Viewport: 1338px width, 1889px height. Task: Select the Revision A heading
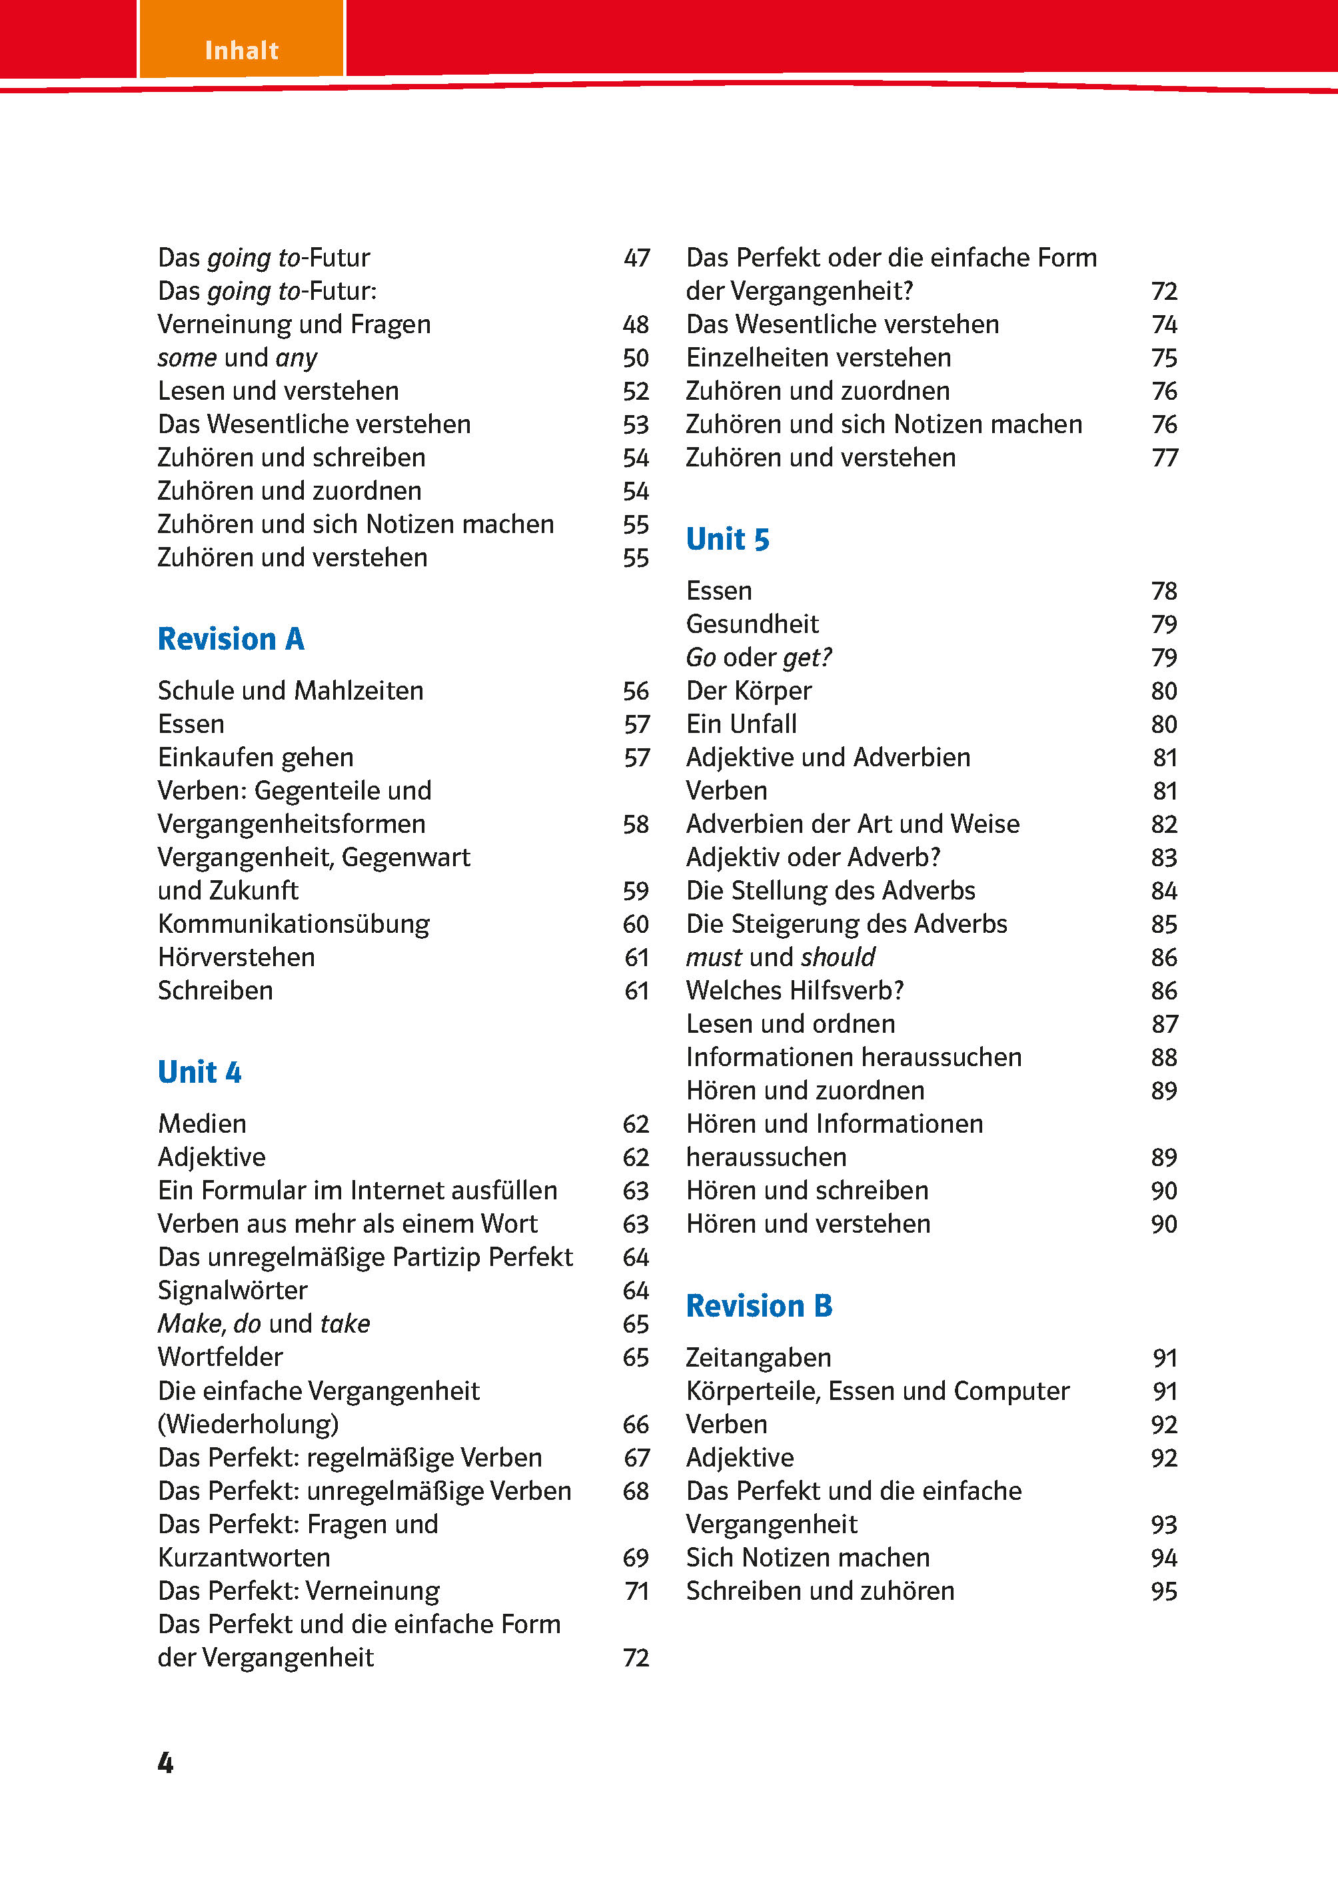pyautogui.click(x=231, y=639)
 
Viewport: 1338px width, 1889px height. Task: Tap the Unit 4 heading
pyautogui.click(x=199, y=1072)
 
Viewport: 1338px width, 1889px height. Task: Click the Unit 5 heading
pyautogui.click(x=728, y=540)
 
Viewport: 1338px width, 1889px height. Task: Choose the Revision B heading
pyautogui.click(x=759, y=1306)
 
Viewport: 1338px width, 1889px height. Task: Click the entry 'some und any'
pyautogui.click(x=237, y=358)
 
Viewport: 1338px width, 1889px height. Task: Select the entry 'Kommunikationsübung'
pyautogui.click(x=293, y=924)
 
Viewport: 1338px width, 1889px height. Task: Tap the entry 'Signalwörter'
pyautogui.click(x=233, y=1290)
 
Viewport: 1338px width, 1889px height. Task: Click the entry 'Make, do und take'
pyautogui.click(x=264, y=1323)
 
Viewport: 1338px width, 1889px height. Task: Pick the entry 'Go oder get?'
pyautogui.click(x=759, y=658)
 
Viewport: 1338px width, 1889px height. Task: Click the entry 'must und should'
pyautogui.click(x=780, y=957)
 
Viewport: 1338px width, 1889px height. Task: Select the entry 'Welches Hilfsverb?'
pyautogui.click(x=795, y=990)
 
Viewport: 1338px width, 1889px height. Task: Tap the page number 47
pyautogui.click(x=636, y=258)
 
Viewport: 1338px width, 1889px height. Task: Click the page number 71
pyautogui.click(x=636, y=1590)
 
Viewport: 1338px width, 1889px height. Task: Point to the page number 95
pyautogui.click(x=1163, y=1590)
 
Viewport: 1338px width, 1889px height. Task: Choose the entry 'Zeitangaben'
pyautogui.click(x=759, y=1358)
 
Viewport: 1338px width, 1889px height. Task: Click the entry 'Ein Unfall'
pyautogui.click(x=742, y=724)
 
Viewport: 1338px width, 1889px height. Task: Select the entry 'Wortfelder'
pyautogui.click(x=220, y=1357)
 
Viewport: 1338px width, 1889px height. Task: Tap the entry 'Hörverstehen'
pyautogui.click(x=237, y=957)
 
